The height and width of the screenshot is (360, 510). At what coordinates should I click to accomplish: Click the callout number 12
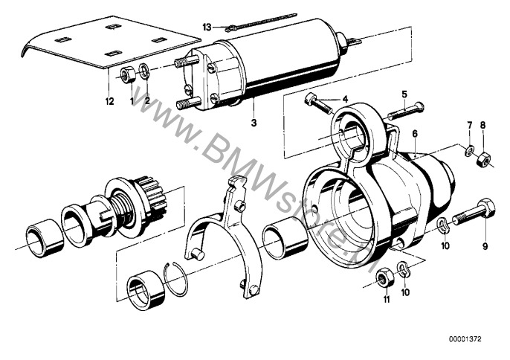point(110,101)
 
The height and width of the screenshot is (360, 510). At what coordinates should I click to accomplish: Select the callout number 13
point(207,28)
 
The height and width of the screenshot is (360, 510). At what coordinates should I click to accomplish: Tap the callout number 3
point(254,123)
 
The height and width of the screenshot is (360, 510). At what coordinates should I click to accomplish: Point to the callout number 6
point(414,134)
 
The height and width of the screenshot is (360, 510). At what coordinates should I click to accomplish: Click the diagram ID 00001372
point(465,339)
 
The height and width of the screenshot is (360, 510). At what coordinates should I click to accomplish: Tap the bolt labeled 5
point(406,112)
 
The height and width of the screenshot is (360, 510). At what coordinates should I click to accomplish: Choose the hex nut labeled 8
point(482,158)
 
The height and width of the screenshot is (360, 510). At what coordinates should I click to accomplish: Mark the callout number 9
point(485,246)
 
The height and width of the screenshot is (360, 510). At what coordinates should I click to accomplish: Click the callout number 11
point(387,298)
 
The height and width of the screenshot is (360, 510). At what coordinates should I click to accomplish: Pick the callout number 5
point(404,94)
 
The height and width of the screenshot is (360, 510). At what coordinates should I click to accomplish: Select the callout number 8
point(482,125)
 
